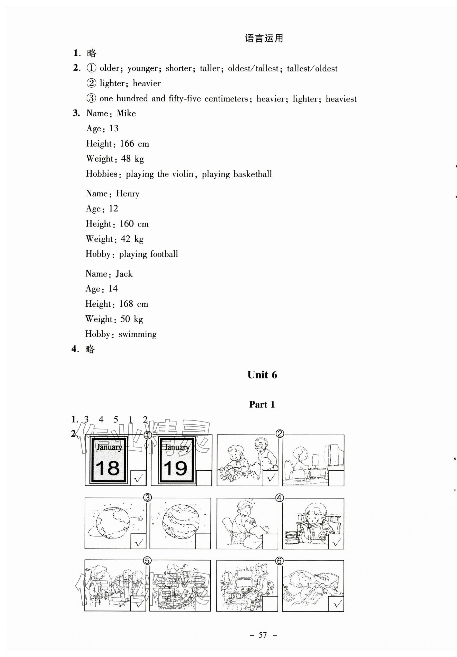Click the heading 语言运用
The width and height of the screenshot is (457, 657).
[264, 38]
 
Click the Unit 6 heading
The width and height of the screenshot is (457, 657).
[262, 375]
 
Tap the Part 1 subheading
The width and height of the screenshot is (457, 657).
[262, 404]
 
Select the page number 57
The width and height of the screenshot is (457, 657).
[263, 635]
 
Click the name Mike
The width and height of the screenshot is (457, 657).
[126, 113]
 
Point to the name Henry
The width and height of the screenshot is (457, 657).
[128, 194]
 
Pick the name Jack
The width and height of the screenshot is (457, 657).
[124, 274]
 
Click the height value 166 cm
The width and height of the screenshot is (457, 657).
[134, 144]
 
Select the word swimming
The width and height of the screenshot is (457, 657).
[137, 334]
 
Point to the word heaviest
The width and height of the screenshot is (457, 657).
[341, 99]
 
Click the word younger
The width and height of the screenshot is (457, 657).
[142, 68]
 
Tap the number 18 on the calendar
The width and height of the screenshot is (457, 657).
[108, 468]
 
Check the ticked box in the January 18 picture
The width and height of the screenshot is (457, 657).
[138, 478]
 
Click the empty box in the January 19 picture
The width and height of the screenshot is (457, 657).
[204, 478]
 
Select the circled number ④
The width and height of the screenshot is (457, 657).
[280, 498]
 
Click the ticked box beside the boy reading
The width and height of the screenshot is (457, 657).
[336, 542]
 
